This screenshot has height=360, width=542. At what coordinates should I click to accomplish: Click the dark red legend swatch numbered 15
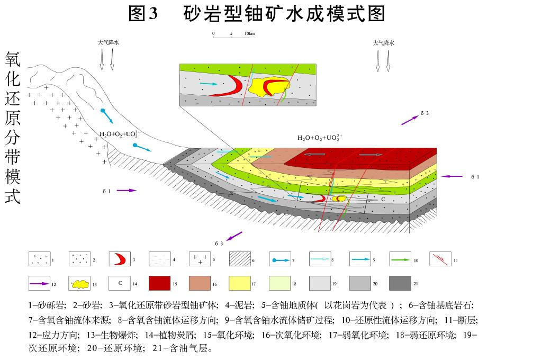point(159,284)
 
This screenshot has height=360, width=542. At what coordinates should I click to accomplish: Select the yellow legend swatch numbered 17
point(239,284)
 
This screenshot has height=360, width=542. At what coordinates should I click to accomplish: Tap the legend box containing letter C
point(120,284)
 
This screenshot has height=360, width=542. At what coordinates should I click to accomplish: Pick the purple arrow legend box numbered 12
point(40,284)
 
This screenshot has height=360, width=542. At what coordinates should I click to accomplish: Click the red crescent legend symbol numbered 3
point(120,259)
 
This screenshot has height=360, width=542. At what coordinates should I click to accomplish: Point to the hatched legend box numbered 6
point(240,259)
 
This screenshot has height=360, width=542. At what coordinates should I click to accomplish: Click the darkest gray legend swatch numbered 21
point(400,284)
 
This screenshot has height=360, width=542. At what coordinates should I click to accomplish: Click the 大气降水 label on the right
point(383,43)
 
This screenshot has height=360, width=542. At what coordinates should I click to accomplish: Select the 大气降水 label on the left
point(108,43)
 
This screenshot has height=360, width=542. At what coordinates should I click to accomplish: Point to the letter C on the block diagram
point(383,200)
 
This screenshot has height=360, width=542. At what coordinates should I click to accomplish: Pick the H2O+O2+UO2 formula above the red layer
point(320,138)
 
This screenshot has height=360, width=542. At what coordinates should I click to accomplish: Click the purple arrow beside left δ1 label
point(127,190)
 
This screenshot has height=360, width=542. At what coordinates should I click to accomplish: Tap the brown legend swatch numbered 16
point(200,284)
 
